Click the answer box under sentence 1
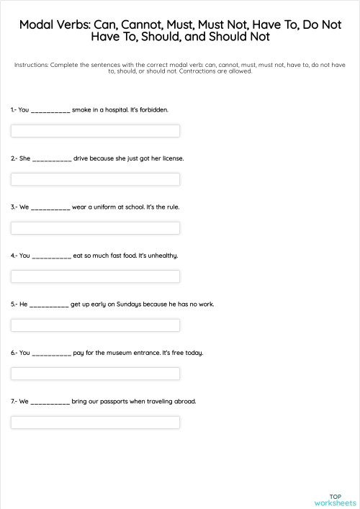pos(95,131)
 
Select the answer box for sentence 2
pos(95,179)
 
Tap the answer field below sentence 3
pos(95,228)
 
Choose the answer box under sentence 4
pos(95,276)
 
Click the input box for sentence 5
pos(95,325)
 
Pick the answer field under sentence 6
pos(95,374)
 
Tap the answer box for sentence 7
pos(95,423)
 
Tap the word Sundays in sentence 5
pos(120,305)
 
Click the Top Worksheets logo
pos(335,499)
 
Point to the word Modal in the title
pos(35,24)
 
